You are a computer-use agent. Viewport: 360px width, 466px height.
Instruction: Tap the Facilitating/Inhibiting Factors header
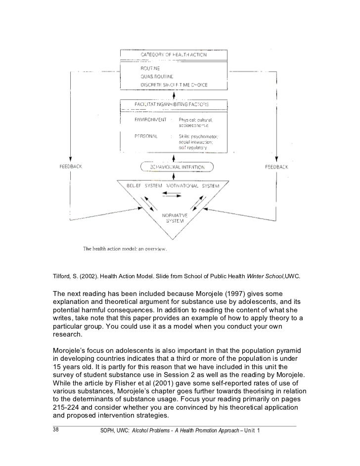click(172, 105)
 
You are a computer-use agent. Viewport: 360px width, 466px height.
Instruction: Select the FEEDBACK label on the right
click(276, 167)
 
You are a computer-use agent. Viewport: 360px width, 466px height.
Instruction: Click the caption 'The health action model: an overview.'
click(124, 249)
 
